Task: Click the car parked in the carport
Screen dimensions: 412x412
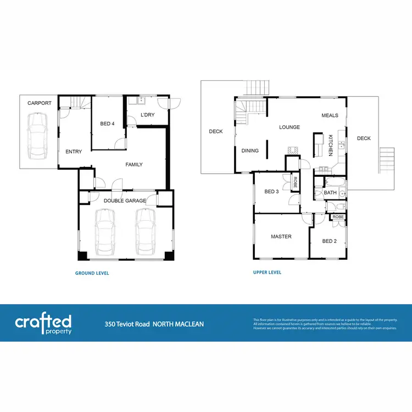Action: pos(37,135)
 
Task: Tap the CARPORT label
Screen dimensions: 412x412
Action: pos(39,103)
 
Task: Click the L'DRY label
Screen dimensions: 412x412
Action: pos(147,115)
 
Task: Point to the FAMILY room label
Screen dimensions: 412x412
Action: pos(134,164)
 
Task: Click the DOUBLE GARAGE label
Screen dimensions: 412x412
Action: pos(125,201)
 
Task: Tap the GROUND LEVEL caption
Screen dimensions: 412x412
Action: pos(92,273)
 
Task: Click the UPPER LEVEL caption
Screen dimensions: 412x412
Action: pos(267,272)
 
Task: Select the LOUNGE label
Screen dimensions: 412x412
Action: pos(289,127)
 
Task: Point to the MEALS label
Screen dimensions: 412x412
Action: pos(330,115)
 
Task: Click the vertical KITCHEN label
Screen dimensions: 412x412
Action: pos(331,146)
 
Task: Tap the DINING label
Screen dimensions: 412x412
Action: pos(250,151)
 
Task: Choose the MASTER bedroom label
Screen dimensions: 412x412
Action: pos(281,237)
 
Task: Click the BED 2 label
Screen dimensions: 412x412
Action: pos(329,241)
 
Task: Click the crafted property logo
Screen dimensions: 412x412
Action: pos(43,323)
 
